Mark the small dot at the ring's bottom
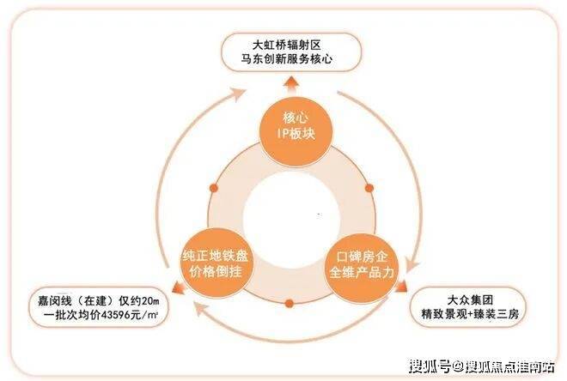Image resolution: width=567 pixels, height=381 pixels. tap(290, 302)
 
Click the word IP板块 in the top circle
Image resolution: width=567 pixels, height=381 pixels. tap(290, 136)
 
